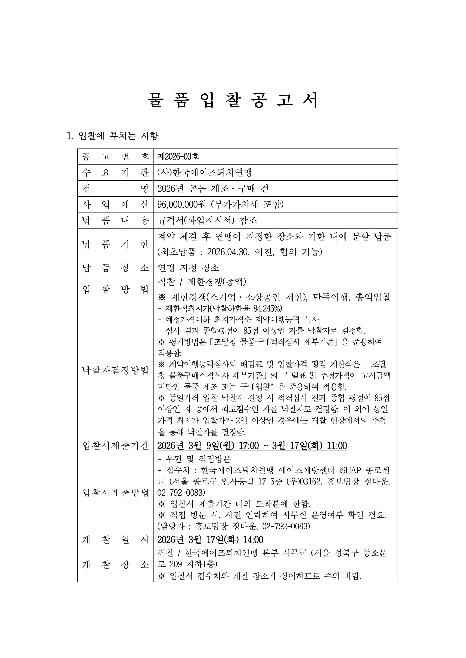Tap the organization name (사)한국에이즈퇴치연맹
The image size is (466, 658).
click(x=204, y=173)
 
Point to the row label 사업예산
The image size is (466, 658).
click(x=115, y=204)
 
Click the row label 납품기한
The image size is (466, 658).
click(x=115, y=244)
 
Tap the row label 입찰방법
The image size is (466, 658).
click(x=115, y=290)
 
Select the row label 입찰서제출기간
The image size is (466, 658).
click(x=115, y=446)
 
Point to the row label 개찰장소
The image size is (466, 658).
click(x=115, y=565)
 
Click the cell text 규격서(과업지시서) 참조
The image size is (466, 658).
click(x=207, y=220)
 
